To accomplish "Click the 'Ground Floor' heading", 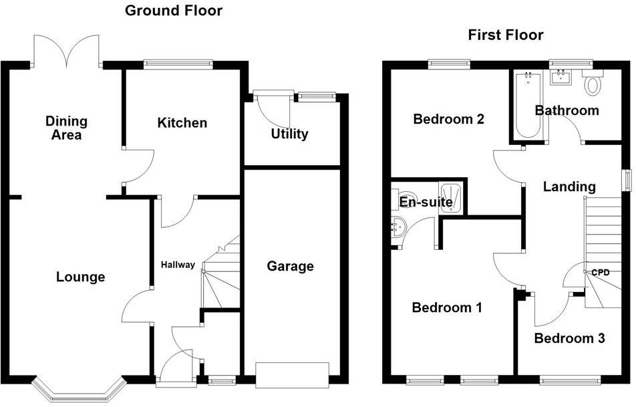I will tap(174, 11).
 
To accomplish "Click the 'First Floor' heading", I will tap(505, 35).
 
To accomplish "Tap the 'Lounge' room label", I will tap(80, 277).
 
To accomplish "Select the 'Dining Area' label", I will tap(66, 128).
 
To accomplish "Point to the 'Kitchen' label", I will tap(182, 123).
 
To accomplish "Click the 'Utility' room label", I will tap(289, 134).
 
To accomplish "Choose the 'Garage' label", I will tap(290, 267).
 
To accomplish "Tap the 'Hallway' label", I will tap(178, 265).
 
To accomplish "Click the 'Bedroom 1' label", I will tap(447, 307).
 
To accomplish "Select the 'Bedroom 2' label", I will tap(448, 120).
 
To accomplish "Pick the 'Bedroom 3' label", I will tap(569, 339).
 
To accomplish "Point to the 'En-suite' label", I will tap(426, 202).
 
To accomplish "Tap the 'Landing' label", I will tap(569, 186).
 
